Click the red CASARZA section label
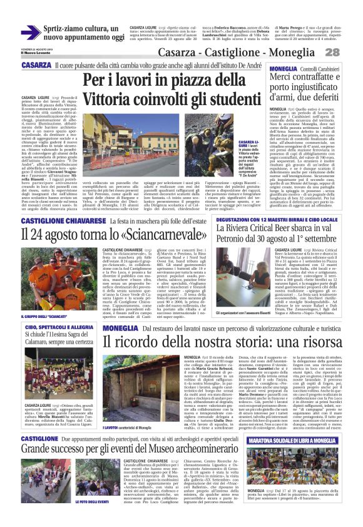coord(36,65)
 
